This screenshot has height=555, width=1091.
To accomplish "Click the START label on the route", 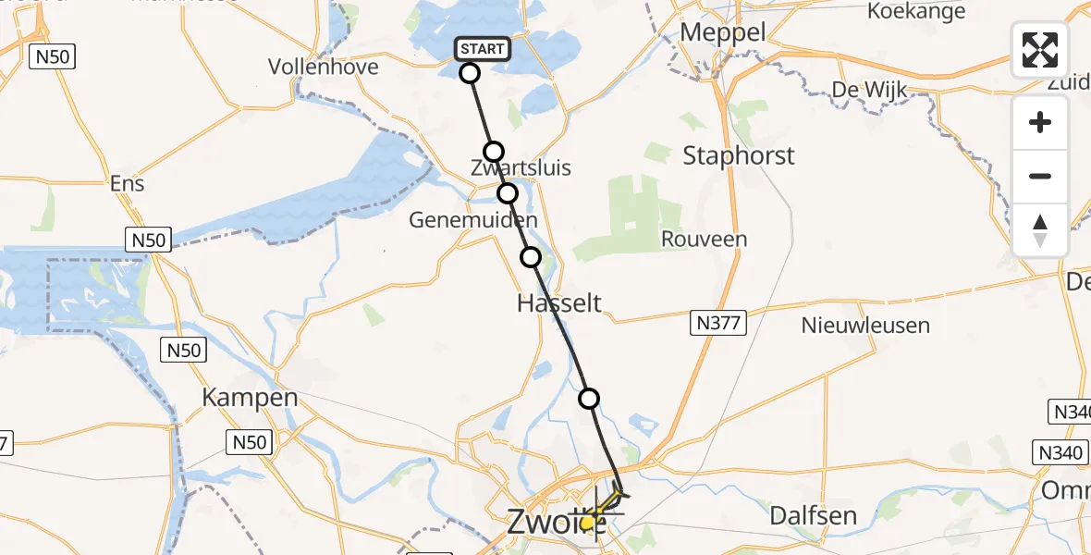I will click(482, 49).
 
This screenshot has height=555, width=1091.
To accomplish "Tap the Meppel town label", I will click(722, 32).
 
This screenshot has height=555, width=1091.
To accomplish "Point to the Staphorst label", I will click(738, 155).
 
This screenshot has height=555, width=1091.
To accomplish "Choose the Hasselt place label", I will click(559, 302).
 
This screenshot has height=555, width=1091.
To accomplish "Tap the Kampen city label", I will click(250, 398).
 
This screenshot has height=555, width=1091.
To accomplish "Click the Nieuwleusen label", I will click(865, 326).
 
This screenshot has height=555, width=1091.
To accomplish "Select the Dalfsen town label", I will click(814, 515).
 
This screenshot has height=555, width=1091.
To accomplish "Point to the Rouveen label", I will click(704, 240).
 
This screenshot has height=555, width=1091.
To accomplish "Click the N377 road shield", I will click(717, 323).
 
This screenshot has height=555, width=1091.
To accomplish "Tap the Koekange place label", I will click(916, 11).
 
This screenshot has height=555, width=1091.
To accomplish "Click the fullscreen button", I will click(1040, 50).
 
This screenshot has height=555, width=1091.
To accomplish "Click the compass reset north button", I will click(1040, 230).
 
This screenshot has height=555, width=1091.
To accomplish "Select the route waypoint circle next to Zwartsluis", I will click(494, 152).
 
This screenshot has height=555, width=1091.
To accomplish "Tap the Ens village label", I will click(127, 183).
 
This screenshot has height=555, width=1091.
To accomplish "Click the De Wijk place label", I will click(869, 90).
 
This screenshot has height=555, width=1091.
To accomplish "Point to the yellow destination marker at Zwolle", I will click(588, 523).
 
